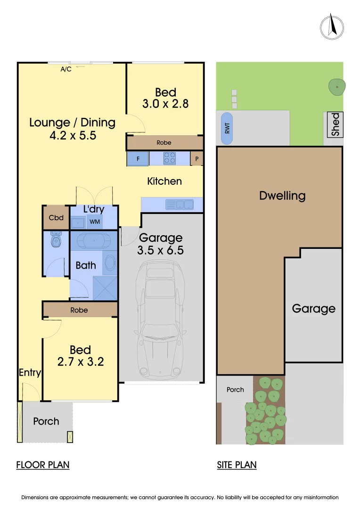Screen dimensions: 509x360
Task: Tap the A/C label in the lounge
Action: coord(66,69)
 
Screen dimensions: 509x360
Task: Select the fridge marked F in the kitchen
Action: coord(138,159)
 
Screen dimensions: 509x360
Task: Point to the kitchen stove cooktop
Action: coord(169,159)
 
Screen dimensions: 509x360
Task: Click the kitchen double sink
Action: coord(179,205)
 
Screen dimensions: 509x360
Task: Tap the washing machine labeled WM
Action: coord(95,222)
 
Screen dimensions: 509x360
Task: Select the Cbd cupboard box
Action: coord(56,218)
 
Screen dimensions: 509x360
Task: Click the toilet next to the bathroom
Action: coord(56,240)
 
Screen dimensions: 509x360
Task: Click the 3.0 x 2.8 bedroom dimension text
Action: coord(165,104)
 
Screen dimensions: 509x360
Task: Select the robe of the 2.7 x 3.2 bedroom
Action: coord(79,310)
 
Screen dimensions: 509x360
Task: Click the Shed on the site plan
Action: coord(335,124)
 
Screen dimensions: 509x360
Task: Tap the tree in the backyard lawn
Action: coord(337,87)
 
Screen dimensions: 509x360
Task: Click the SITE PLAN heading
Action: coord(237,465)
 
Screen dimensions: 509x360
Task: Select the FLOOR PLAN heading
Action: coord(43,465)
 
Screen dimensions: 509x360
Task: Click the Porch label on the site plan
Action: coord(235,389)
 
